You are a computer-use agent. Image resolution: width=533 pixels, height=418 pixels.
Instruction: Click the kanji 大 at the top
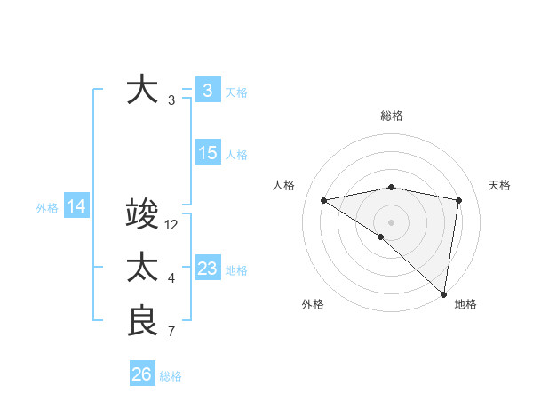click(x=142, y=91)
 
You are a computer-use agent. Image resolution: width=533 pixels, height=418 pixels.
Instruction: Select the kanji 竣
click(x=142, y=215)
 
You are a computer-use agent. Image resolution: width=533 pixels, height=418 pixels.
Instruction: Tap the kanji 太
click(x=142, y=268)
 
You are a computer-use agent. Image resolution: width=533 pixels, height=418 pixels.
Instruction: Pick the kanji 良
click(x=142, y=320)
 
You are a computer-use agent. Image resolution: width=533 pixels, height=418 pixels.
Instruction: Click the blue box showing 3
click(x=207, y=91)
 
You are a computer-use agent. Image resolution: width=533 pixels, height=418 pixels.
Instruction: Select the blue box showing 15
click(x=207, y=153)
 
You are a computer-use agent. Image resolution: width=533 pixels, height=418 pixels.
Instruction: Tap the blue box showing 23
click(x=207, y=269)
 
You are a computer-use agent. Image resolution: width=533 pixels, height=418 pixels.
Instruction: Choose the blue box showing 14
click(x=76, y=207)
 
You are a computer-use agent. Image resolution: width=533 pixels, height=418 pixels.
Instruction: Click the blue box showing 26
click(x=141, y=374)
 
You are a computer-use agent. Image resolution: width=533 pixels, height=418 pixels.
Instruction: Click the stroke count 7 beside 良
click(x=171, y=333)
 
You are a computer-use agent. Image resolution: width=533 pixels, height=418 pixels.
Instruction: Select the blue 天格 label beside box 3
click(x=236, y=92)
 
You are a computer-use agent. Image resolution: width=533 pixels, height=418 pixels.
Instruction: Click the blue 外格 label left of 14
click(x=47, y=208)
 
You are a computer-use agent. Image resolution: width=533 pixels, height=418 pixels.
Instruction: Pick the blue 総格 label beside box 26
click(x=171, y=376)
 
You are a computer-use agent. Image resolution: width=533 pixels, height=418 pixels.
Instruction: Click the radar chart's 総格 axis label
click(x=392, y=116)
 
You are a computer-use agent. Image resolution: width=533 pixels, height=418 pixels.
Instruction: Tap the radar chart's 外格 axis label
click(x=313, y=304)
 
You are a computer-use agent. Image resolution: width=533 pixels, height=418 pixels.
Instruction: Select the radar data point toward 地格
click(x=443, y=293)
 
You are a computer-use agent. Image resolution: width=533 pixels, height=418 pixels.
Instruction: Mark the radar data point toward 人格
click(x=323, y=200)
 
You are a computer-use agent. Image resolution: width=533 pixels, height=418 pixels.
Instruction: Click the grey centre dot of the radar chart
click(x=392, y=221)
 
